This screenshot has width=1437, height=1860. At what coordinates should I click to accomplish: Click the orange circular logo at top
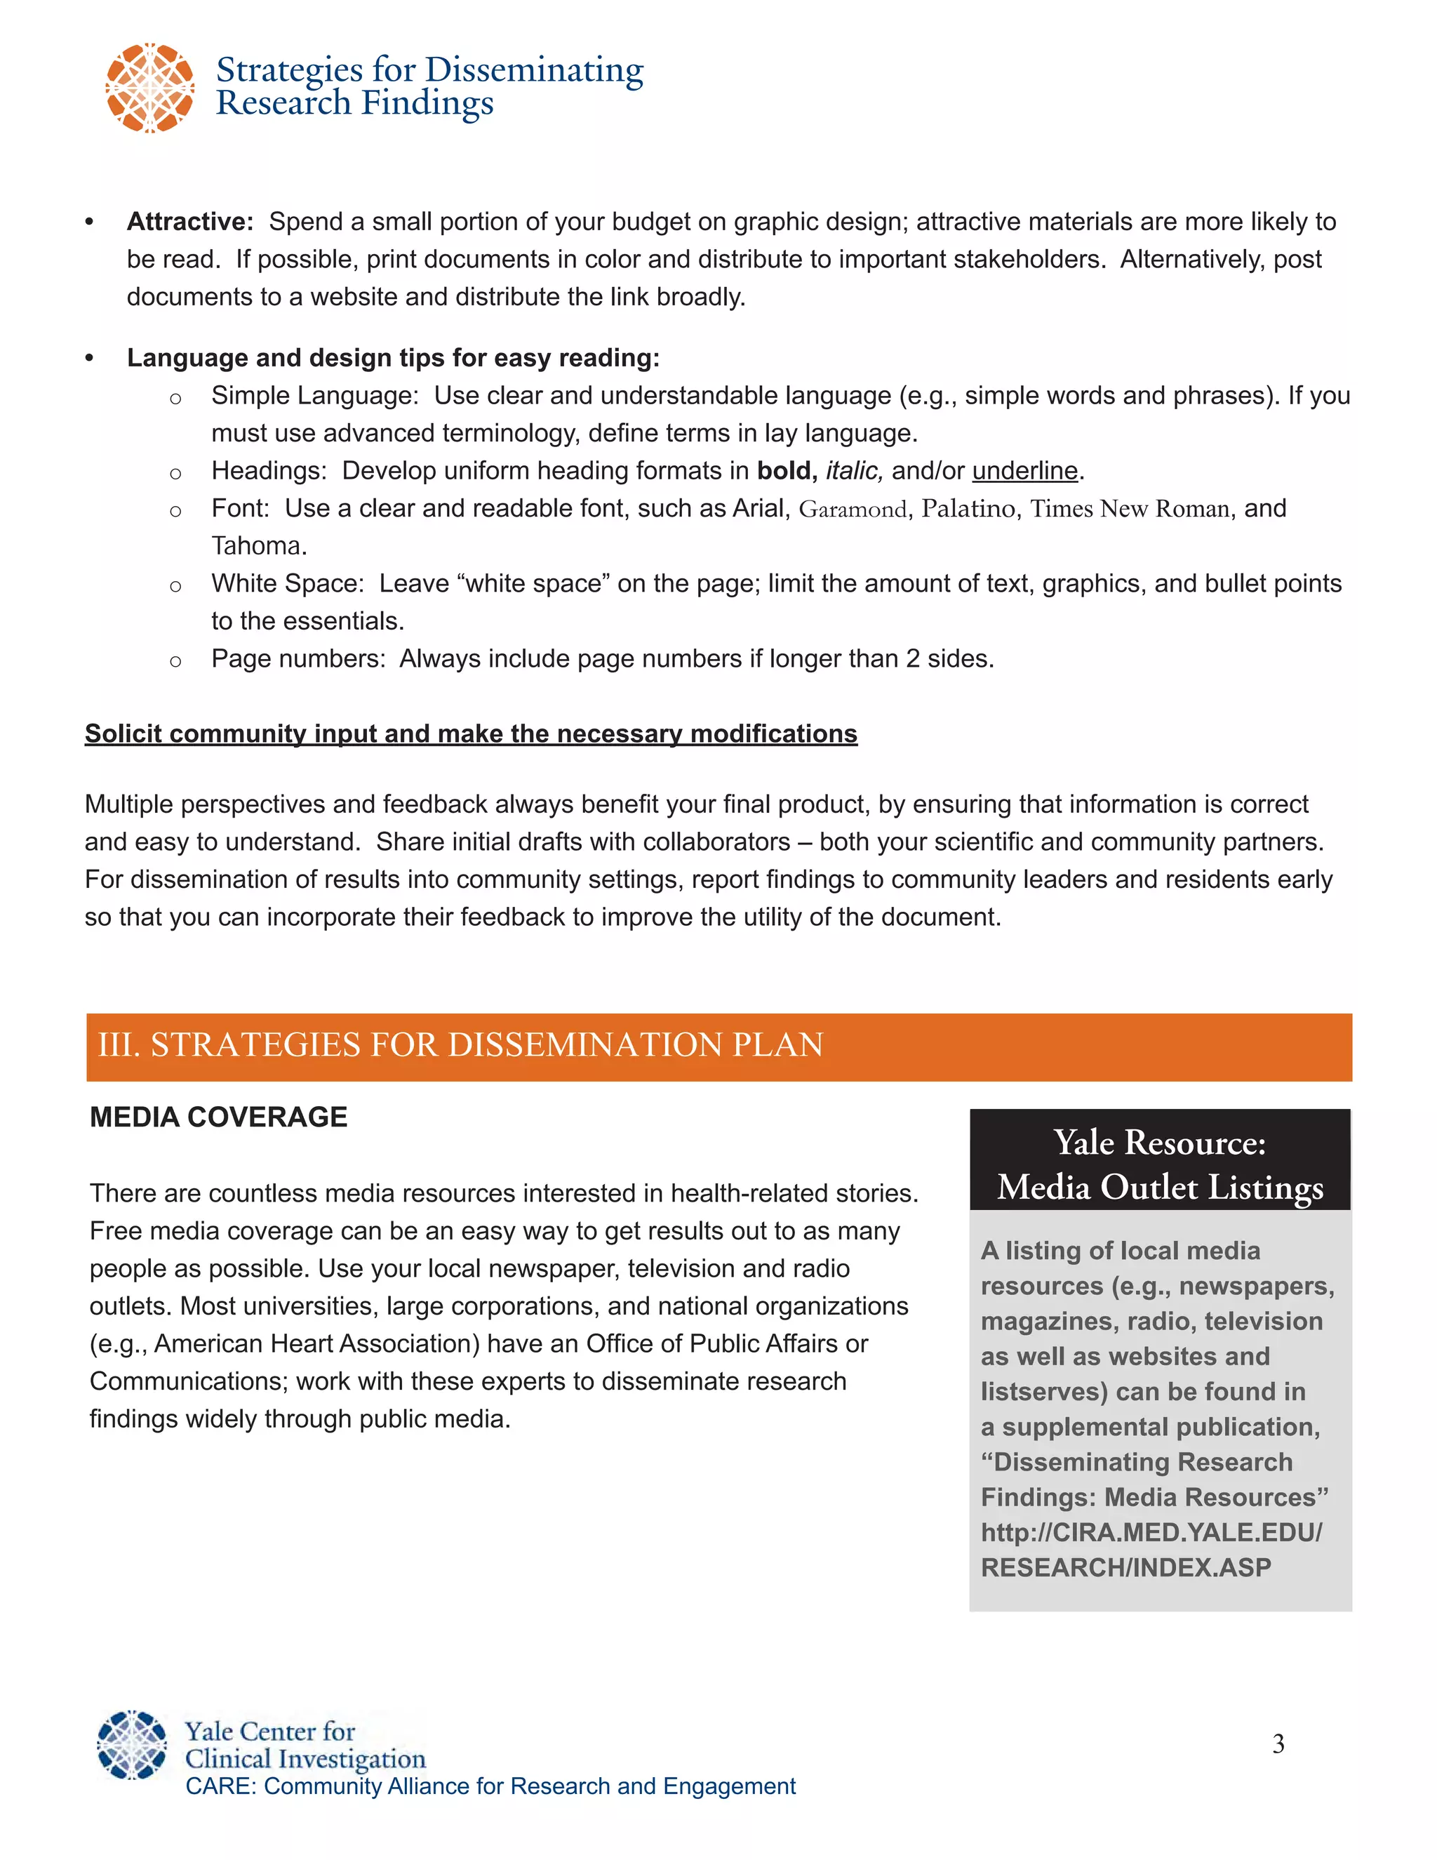150,88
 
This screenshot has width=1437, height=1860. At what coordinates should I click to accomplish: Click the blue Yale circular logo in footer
132,1744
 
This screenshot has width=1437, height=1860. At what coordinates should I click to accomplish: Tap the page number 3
1278,1744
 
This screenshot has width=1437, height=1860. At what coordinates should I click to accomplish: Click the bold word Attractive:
190,221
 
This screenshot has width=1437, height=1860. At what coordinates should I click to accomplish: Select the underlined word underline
1025,471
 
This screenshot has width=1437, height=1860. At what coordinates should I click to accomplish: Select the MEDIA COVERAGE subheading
219,1117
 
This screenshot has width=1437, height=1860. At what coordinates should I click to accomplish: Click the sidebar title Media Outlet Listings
1159,1187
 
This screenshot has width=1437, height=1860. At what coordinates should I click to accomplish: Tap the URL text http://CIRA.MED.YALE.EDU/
1151,1532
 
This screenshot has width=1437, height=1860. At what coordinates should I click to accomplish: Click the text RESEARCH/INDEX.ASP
1125,1567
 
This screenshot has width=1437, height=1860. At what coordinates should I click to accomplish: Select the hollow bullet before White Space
175,586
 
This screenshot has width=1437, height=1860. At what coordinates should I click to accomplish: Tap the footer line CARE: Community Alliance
490,1786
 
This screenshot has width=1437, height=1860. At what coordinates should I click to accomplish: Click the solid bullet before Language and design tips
89,359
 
